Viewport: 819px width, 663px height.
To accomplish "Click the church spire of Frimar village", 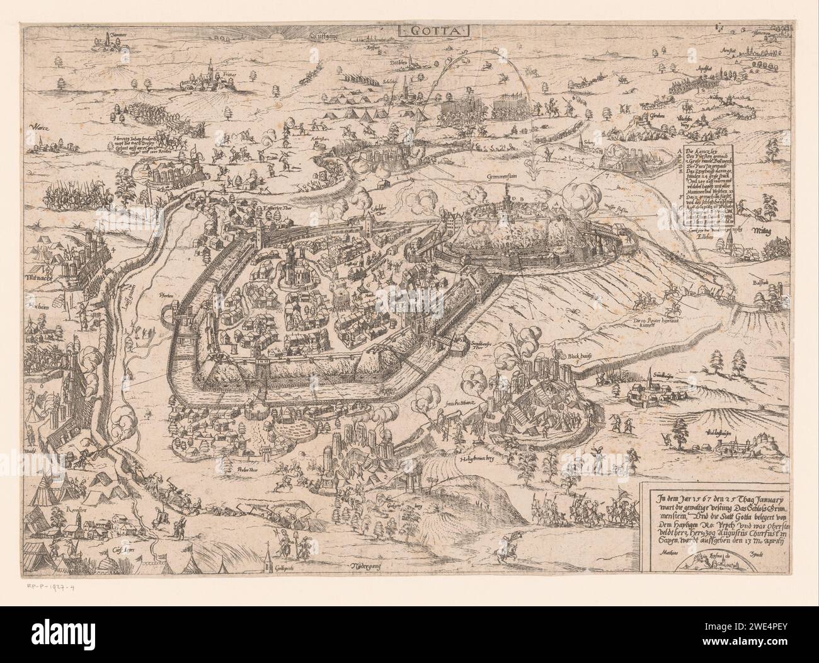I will tap(209, 65).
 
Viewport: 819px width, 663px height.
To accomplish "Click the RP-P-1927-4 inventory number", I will tap(55, 587).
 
